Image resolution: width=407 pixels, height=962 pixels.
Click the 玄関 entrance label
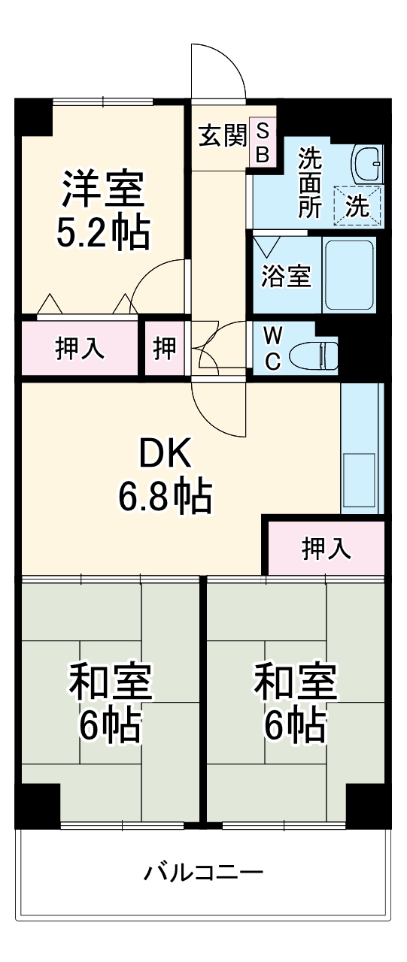(222, 136)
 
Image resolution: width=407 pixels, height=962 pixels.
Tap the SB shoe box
(263, 143)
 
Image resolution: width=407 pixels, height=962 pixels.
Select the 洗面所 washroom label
(309, 183)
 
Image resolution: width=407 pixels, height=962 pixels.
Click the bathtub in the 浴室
(348, 275)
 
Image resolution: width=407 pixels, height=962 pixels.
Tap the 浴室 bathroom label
(286, 276)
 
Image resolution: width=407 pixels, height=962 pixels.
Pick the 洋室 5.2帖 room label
(103, 210)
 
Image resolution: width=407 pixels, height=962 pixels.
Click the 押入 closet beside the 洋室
(80, 348)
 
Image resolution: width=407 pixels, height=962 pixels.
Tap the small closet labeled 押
(165, 348)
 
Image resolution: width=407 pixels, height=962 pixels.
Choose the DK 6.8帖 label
(165, 473)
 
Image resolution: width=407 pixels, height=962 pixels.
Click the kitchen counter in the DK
(362, 449)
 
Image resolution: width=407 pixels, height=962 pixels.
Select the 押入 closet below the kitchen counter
(326, 548)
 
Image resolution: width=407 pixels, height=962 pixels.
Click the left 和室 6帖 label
(111, 702)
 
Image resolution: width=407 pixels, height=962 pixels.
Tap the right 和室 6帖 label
(295, 702)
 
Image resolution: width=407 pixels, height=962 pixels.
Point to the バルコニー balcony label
(203, 873)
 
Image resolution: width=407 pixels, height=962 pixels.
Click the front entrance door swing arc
(218, 71)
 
